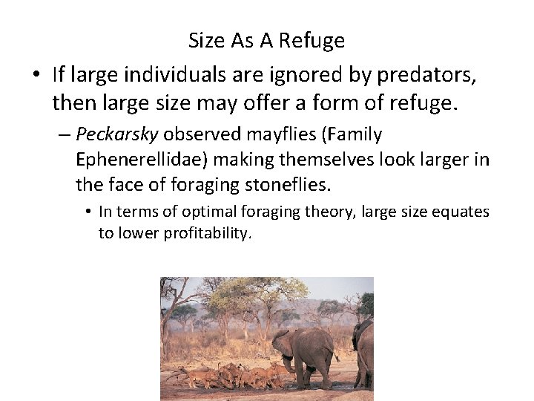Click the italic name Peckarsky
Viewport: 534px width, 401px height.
pos(117,135)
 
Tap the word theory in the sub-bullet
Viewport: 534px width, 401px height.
pos(328,212)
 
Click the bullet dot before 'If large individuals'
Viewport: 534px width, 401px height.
pos(36,75)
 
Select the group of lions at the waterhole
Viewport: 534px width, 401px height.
pos(230,375)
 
